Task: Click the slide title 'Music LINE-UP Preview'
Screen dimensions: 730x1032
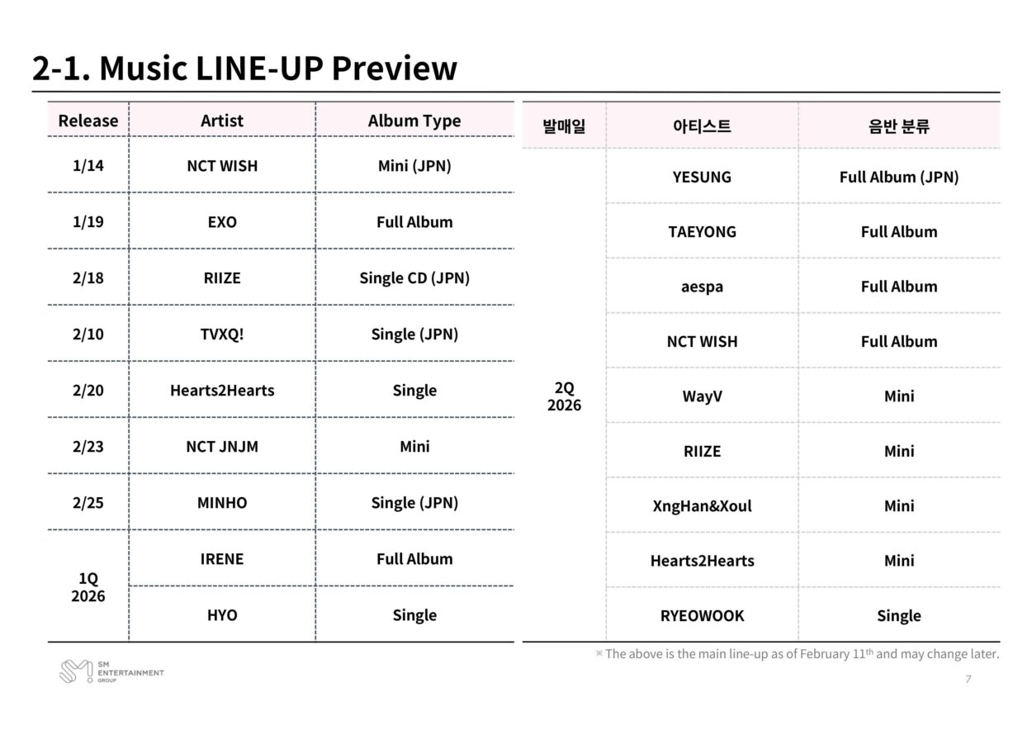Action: (x=244, y=68)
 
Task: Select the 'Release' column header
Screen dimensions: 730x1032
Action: (x=88, y=121)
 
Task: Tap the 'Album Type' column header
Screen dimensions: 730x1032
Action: (x=414, y=121)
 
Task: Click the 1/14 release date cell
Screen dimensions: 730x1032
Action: (x=88, y=165)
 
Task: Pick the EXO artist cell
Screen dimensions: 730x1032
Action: (x=222, y=221)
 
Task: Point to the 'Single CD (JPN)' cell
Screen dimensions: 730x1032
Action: (x=414, y=277)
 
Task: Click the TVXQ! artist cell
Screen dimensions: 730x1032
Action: (x=222, y=334)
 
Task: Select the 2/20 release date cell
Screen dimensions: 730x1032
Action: (x=88, y=390)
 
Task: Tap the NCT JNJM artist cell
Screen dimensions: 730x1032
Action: (x=222, y=446)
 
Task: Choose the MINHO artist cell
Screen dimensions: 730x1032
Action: (x=222, y=502)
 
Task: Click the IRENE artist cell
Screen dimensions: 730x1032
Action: (x=222, y=558)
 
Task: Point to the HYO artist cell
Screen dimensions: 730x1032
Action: (x=222, y=614)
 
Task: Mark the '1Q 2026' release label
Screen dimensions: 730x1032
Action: (x=88, y=586)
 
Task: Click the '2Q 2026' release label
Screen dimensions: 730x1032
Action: (x=564, y=396)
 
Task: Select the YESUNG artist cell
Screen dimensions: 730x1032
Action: (x=702, y=177)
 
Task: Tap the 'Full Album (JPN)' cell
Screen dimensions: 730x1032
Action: (x=899, y=177)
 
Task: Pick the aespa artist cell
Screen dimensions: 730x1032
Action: (x=702, y=287)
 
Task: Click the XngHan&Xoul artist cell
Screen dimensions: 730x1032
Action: (x=702, y=505)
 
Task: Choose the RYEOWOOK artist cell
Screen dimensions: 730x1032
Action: (x=702, y=615)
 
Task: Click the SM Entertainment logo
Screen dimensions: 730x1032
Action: (x=111, y=671)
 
